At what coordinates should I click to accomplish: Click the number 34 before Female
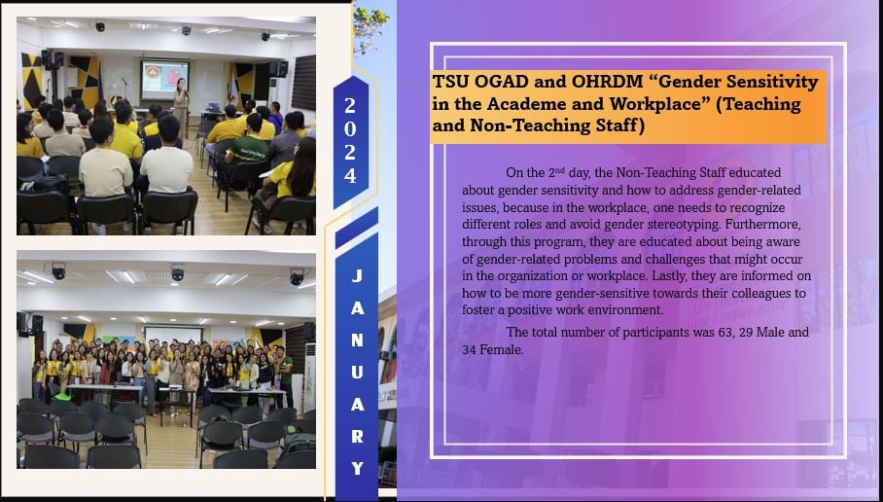coord(469,349)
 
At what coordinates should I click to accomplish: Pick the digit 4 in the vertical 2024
coord(350,176)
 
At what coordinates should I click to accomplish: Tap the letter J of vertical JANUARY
coord(357,276)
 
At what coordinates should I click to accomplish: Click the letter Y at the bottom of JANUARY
coord(357,468)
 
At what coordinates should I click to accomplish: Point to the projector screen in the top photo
coord(164,80)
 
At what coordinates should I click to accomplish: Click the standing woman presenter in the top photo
coord(181,107)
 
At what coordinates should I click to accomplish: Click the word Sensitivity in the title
coord(771,82)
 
